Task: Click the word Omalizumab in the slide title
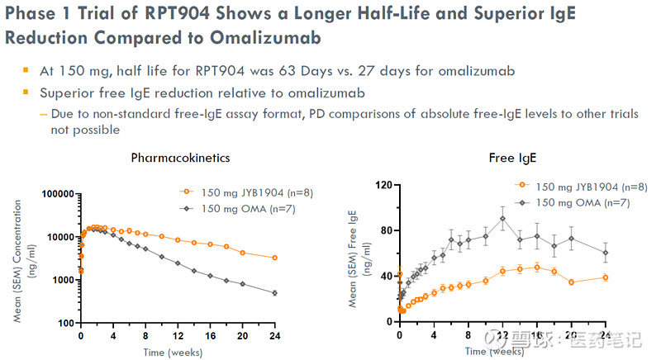pyautogui.click(x=248, y=39)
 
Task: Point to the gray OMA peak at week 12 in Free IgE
pyautogui.click(x=502, y=219)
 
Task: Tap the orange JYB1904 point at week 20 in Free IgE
pyautogui.click(x=572, y=282)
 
